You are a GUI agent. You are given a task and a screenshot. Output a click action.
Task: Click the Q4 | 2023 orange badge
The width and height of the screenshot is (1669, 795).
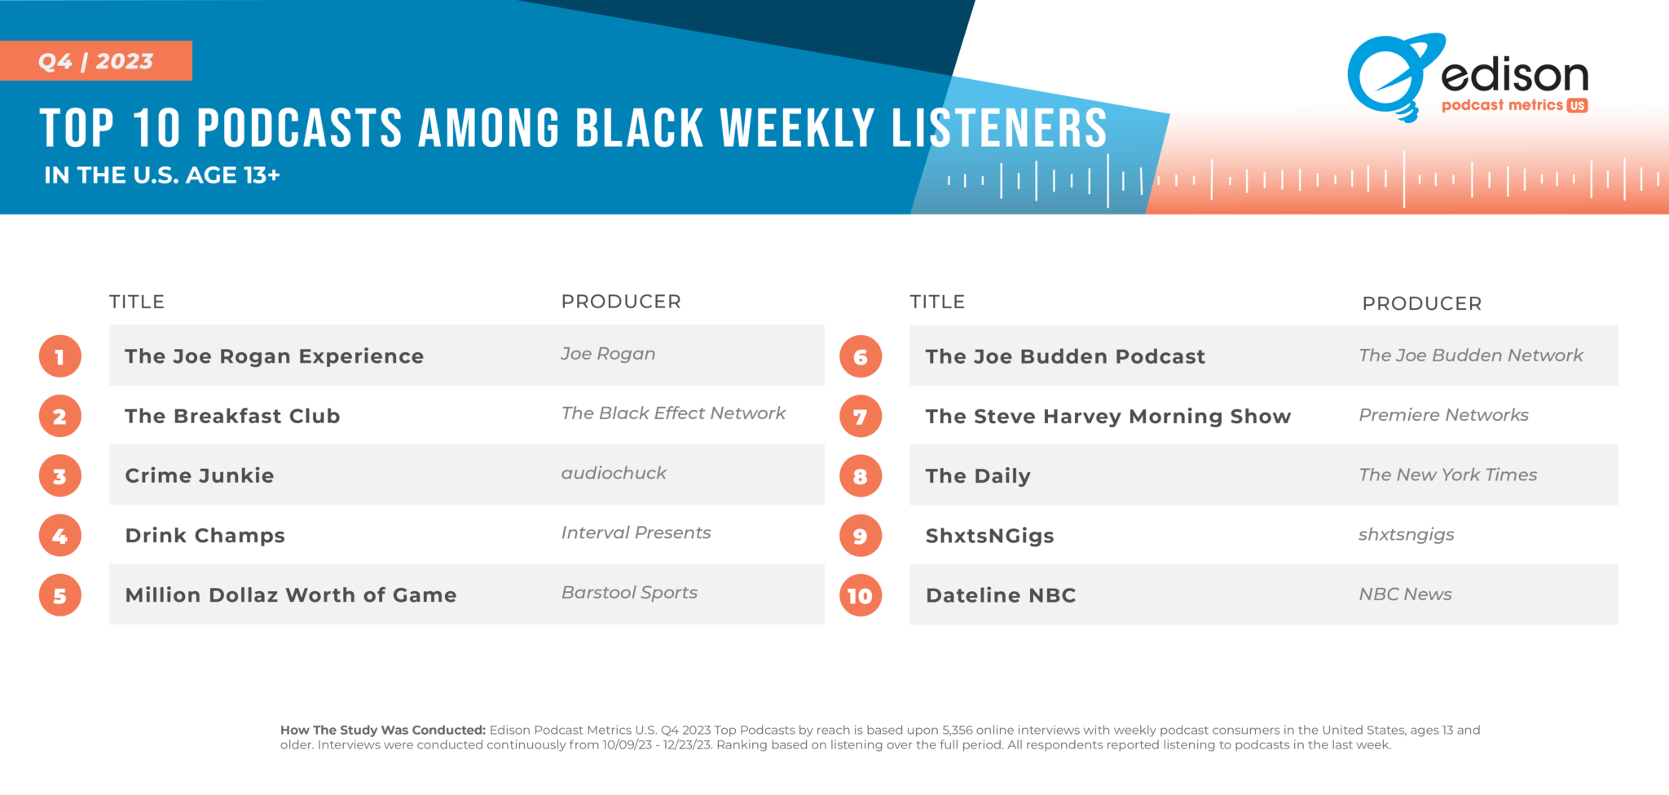(95, 61)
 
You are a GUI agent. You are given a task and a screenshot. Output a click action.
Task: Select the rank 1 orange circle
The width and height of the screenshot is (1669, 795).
(60, 356)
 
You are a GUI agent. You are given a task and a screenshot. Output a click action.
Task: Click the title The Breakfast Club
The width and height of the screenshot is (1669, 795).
(232, 416)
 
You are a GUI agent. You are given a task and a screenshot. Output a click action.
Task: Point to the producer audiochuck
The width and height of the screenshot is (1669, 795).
(614, 473)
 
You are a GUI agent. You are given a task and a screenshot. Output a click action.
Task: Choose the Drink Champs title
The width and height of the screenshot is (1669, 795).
(205, 536)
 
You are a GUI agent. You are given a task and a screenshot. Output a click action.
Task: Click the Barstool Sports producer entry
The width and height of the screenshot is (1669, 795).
(629, 593)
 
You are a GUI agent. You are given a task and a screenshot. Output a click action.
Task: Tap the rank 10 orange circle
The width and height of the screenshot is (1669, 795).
(860, 596)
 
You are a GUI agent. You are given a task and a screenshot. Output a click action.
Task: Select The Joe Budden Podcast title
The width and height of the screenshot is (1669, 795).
(1065, 356)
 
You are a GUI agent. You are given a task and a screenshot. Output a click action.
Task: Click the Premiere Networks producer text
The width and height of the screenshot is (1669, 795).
(1443, 415)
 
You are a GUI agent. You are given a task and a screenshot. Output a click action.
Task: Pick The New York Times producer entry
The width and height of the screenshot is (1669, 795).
(1447, 475)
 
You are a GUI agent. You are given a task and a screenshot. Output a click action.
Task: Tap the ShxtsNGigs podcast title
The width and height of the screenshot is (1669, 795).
(989, 536)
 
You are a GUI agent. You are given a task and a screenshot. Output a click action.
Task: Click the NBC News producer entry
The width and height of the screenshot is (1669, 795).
(1405, 594)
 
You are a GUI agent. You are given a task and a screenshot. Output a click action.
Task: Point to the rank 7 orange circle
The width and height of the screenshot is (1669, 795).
(860, 417)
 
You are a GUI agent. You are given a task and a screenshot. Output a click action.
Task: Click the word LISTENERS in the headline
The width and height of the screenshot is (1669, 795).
(999, 129)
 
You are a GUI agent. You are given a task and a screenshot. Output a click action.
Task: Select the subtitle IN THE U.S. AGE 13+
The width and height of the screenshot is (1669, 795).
(161, 175)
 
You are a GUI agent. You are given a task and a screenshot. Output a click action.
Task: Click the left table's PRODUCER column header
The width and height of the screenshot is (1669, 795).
(621, 302)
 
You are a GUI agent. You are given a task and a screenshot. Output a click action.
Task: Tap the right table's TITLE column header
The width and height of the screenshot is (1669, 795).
(937, 302)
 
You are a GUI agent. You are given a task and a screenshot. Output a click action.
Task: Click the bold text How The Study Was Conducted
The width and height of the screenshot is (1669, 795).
(382, 730)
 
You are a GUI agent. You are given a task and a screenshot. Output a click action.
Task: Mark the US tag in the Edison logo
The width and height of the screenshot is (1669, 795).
(1577, 106)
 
